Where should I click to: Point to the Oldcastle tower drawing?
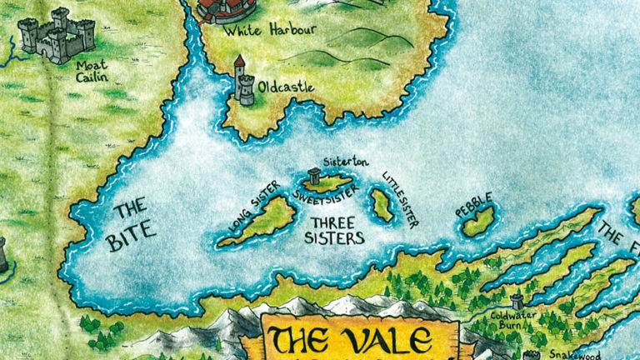coord(243,81)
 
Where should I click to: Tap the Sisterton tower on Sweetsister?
coord(314,176)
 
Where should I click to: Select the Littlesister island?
coord(382,205)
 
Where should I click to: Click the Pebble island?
coord(479,222)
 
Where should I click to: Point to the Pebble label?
coord(474,205)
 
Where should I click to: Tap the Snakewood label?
coord(575,353)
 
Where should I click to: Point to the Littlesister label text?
coord(401,198)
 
